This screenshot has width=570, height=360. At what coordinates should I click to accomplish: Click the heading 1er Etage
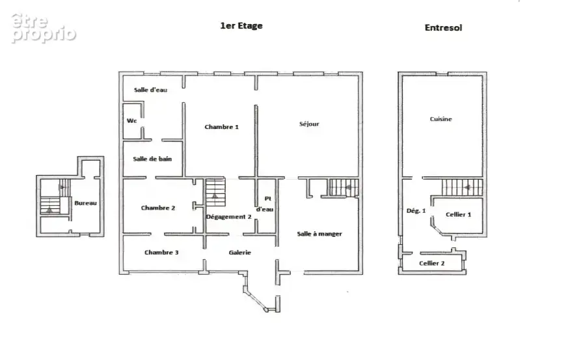click(241, 26)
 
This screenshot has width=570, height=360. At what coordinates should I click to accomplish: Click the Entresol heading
click(443, 27)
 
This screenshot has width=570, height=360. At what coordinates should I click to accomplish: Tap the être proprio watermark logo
click(43, 29)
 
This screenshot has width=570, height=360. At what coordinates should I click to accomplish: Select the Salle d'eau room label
click(150, 90)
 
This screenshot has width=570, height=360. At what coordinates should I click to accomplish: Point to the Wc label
click(131, 120)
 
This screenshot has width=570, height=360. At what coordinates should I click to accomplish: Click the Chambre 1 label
click(221, 127)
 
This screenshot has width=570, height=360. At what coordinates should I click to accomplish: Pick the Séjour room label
click(309, 124)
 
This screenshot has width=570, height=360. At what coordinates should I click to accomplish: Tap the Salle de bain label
click(152, 159)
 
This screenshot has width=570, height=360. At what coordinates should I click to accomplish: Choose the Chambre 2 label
click(158, 208)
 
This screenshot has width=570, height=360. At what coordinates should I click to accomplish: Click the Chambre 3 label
click(161, 253)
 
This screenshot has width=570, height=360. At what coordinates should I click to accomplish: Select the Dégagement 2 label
click(228, 217)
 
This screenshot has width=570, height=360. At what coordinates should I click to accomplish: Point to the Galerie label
click(240, 253)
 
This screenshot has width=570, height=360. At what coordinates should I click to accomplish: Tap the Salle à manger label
click(319, 234)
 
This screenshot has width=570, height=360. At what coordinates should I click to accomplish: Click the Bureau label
click(85, 203)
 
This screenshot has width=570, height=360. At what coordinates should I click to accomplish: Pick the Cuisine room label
click(441, 119)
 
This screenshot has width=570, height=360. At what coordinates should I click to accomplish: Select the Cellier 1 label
click(458, 215)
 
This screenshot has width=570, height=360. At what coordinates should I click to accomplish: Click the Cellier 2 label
click(432, 263)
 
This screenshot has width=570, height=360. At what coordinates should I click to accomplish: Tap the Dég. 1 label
click(416, 210)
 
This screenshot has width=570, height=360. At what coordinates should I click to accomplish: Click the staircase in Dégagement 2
click(215, 192)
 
